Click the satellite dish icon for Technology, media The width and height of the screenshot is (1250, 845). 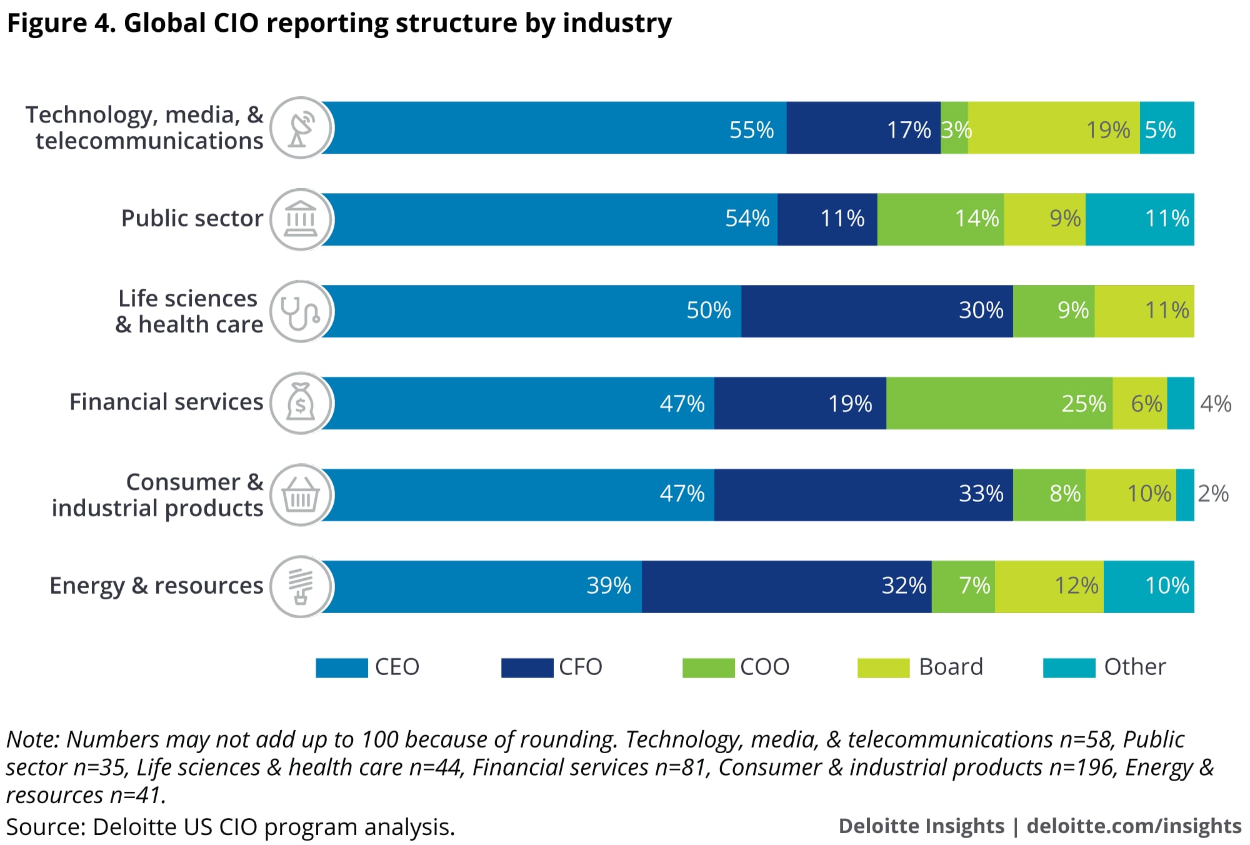tap(301, 128)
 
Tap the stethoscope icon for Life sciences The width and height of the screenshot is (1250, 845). tap(301, 311)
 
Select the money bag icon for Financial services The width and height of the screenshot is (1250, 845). tap(301, 403)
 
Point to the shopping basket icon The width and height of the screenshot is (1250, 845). tap(301, 495)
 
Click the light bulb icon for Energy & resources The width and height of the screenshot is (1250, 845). tap(301, 587)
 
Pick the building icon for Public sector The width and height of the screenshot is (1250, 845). tap(301, 219)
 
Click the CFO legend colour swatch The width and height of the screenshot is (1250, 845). tap(527, 667)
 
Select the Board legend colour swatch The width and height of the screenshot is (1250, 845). tap(883, 667)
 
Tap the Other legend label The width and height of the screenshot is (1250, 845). tap(1134, 667)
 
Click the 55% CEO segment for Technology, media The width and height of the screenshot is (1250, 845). tap(554, 128)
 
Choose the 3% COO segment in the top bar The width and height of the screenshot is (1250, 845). tap(954, 128)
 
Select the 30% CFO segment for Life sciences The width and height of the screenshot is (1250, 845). tap(877, 311)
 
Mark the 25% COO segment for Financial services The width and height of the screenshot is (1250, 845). tap(999, 403)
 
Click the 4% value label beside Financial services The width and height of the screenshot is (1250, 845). tap(1216, 404)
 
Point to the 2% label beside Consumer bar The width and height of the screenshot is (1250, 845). tap(1213, 494)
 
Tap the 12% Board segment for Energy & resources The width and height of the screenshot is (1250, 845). tap(1049, 587)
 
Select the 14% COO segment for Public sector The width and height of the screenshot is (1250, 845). tap(941, 219)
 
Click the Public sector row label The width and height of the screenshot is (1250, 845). tap(192, 218)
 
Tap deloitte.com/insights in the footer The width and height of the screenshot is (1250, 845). tap(1134, 826)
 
